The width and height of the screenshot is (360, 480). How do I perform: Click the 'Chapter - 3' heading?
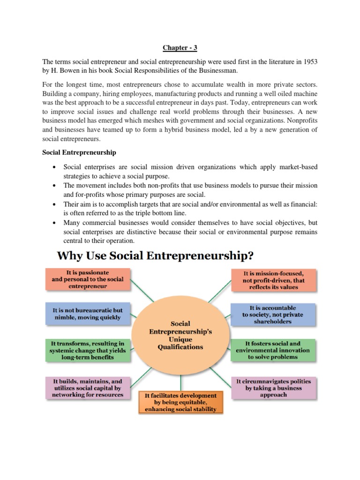(180, 47)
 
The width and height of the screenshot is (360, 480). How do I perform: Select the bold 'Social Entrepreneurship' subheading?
(79, 153)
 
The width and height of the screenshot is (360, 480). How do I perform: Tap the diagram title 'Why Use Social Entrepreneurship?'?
(155, 256)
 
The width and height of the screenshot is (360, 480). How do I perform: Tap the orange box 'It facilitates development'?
(180, 403)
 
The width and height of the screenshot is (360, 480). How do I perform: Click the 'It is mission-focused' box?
(273, 279)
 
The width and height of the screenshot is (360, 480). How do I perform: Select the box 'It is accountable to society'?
(273, 315)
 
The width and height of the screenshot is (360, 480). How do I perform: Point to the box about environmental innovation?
(273, 350)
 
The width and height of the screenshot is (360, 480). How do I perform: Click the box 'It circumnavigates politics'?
(273, 388)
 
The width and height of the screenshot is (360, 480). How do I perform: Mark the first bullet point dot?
(55, 167)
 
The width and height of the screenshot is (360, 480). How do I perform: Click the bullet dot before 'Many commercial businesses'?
(55, 223)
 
